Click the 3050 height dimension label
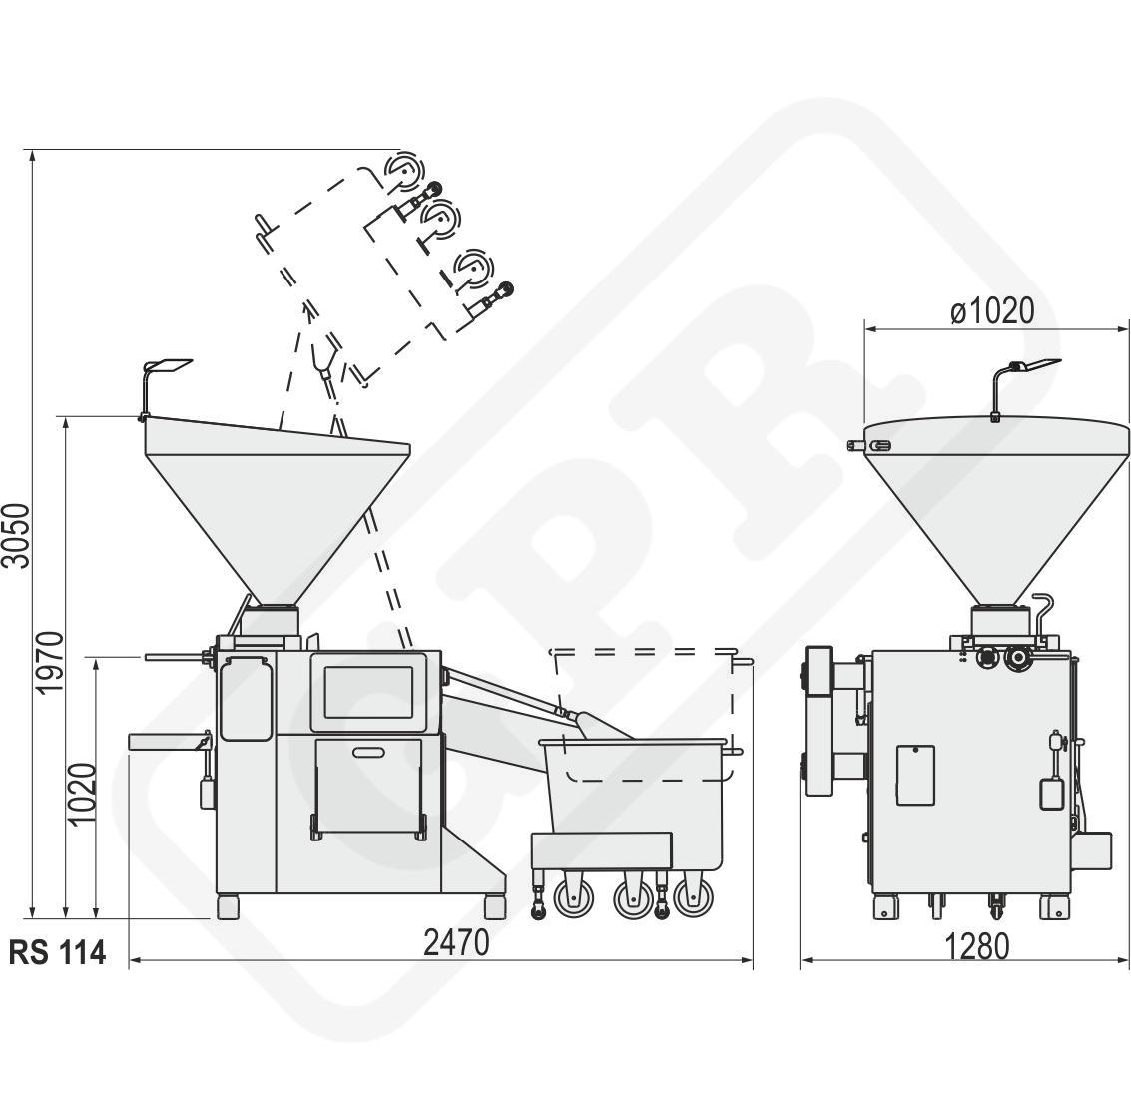[17, 537]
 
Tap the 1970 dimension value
[51, 662]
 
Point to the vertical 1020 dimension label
[82, 794]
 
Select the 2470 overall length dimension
[456, 942]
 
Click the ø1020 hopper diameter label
[992, 310]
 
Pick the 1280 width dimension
[976, 947]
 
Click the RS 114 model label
[58, 952]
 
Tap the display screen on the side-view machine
[368, 692]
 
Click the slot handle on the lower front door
[369, 753]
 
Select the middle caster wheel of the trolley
[633, 898]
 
